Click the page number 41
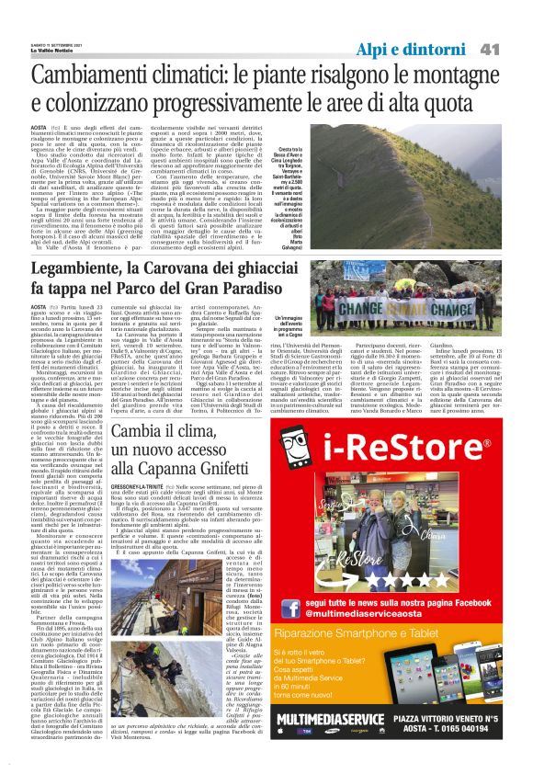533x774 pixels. [x=512, y=24]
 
